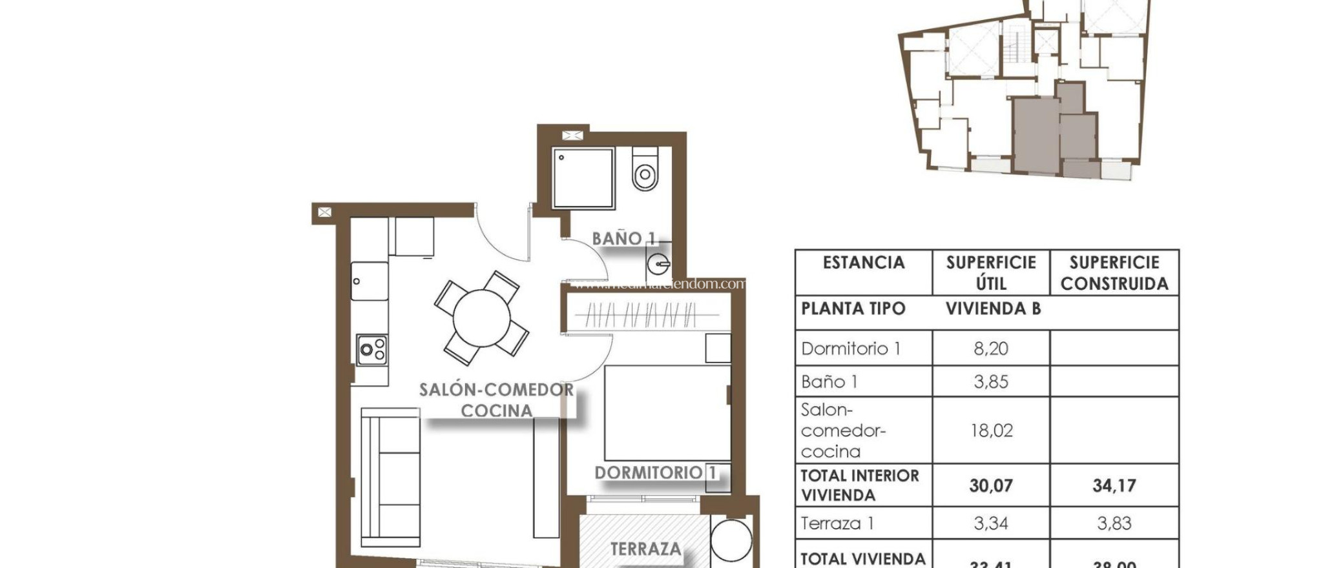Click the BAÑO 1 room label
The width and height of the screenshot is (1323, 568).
pos(623,239)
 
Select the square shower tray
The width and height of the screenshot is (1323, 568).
pos(583,178)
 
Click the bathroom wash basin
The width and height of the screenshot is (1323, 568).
pos(659,263)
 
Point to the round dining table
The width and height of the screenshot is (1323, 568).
pos(481,318)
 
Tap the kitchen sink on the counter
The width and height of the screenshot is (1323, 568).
pos(370,281)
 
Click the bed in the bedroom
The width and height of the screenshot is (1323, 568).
pos(667,413)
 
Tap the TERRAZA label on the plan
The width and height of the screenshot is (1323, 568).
pos(645,549)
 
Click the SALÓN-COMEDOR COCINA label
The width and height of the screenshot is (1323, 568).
pos(496,400)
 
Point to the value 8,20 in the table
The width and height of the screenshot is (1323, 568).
pos(990,349)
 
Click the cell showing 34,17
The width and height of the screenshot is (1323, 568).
pos(1114,485)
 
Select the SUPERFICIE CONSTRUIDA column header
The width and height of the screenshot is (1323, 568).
pos(1114,273)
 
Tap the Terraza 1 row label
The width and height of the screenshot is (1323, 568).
pos(837,523)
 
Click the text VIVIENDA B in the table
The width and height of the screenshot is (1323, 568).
pos(993,309)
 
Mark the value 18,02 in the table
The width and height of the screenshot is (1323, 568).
pos(991,431)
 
